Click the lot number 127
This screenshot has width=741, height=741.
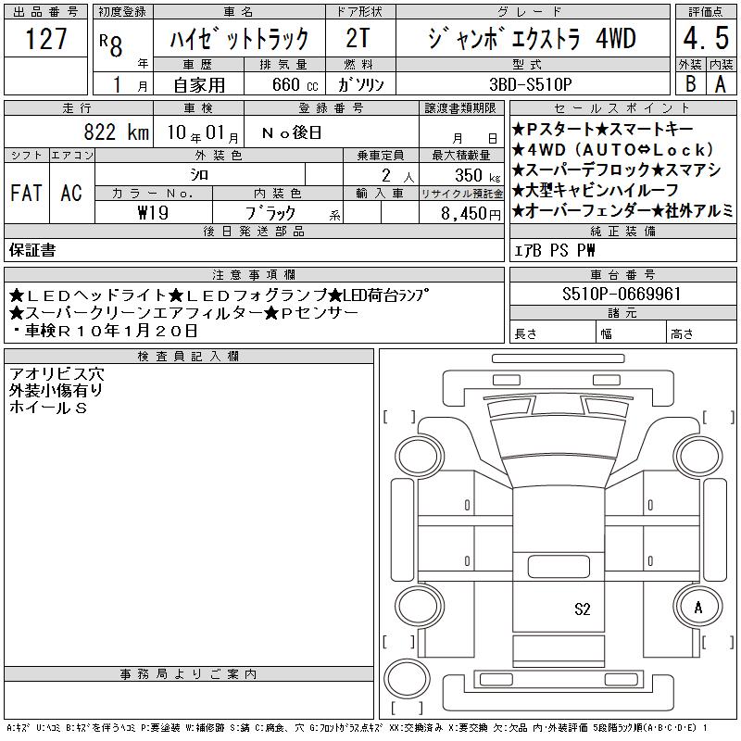click(45, 38)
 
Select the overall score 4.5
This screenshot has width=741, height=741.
click(706, 38)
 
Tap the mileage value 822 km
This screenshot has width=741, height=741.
click(117, 132)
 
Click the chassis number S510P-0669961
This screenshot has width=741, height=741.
click(622, 294)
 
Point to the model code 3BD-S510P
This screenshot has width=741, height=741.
click(531, 84)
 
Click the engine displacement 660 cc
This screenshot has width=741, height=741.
click(295, 84)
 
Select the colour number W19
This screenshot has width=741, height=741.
click(153, 213)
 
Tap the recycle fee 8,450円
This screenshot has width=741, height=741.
click(471, 214)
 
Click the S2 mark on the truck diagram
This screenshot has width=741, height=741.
click(583, 609)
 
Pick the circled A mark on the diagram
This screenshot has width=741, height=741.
click(698, 608)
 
